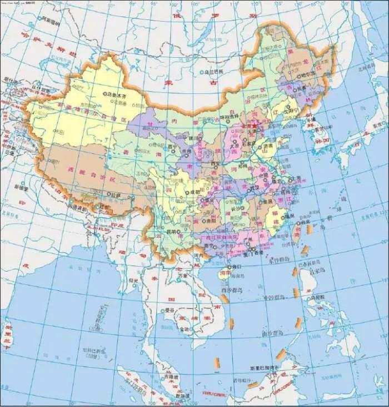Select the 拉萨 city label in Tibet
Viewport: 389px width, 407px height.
(116, 195)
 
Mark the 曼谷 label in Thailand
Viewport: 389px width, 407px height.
(170, 310)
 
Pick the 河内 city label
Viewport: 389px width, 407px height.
(199, 255)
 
